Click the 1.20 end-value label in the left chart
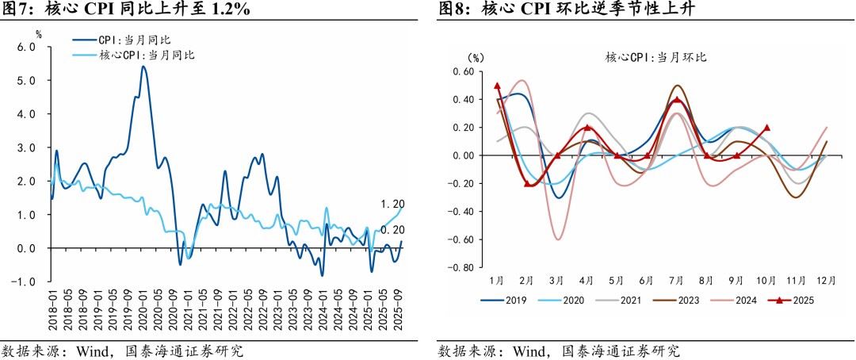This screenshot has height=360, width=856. tap(392, 204)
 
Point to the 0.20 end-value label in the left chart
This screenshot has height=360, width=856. tap(392, 230)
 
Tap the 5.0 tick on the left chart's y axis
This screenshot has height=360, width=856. tap(26, 81)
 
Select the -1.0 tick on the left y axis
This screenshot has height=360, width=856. tap(24, 282)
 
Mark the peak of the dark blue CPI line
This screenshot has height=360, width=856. tap(143, 67)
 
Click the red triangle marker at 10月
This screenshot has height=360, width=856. tap(766, 128)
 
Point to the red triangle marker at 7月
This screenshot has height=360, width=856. tap(677, 100)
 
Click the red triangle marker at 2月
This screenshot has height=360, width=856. tap(528, 183)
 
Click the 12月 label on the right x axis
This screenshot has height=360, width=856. tap(826, 281)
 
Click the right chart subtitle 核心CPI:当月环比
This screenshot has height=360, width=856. tap(655, 57)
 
